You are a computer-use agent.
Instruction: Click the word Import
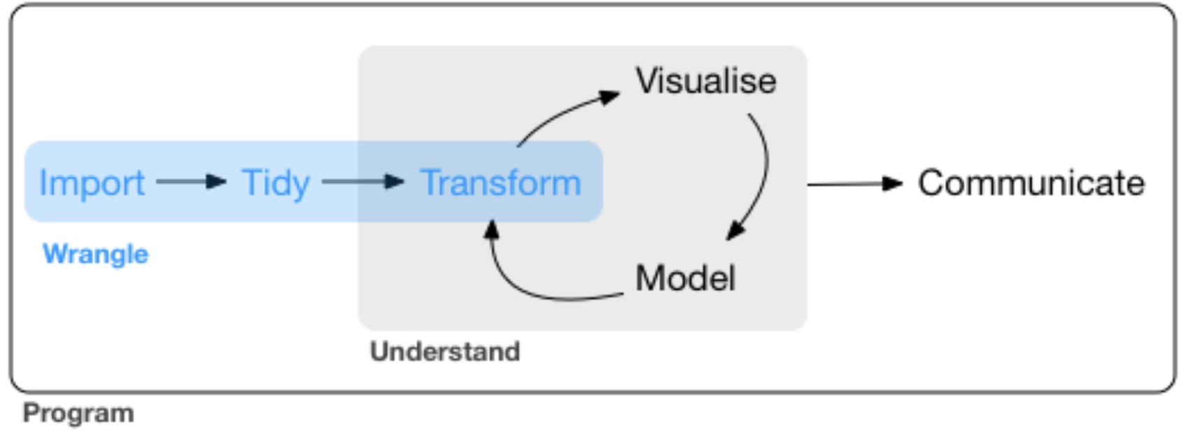coord(92,183)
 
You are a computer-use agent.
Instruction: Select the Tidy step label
coord(276,183)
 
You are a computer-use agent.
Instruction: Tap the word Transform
coord(500,183)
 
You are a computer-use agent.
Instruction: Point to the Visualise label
coord(706,81)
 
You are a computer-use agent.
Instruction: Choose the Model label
coord(685,278)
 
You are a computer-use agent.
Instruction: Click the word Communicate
coord(1031,183)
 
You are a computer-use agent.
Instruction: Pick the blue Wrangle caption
coord(96,253)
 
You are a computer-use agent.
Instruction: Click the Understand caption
coord(445,351)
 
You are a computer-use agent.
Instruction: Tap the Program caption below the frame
coord(78,413)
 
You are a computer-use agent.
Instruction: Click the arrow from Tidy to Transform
coord(362,182)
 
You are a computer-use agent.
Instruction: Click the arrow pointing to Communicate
coord(854,184)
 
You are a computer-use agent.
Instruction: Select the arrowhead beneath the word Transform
coord(492,229)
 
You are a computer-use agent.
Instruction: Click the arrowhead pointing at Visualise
coord(610,96)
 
